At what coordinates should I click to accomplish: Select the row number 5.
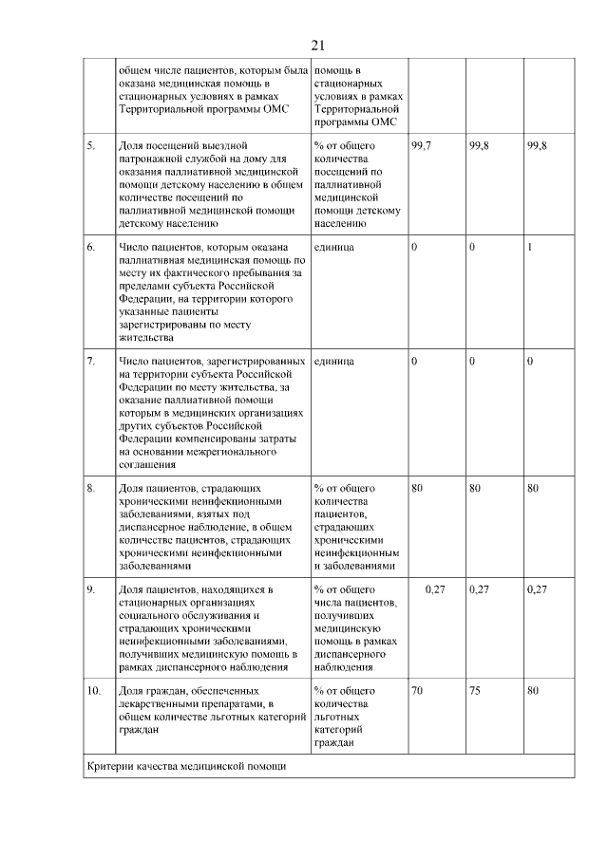91,145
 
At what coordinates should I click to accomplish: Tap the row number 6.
91,247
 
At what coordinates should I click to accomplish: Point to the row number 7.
91,362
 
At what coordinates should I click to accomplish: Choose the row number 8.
91,488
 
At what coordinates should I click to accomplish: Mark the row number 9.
91,589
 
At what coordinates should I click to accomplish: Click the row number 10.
93,691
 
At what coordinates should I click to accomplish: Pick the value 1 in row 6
529,247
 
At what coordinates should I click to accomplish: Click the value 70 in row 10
417,691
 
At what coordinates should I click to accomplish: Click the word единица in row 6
333,247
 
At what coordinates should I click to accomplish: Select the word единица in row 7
333,362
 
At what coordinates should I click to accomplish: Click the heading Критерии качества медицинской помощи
184,766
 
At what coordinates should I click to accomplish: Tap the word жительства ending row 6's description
145,337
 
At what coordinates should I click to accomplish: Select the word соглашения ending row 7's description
147,464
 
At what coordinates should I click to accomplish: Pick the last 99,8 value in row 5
537,145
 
